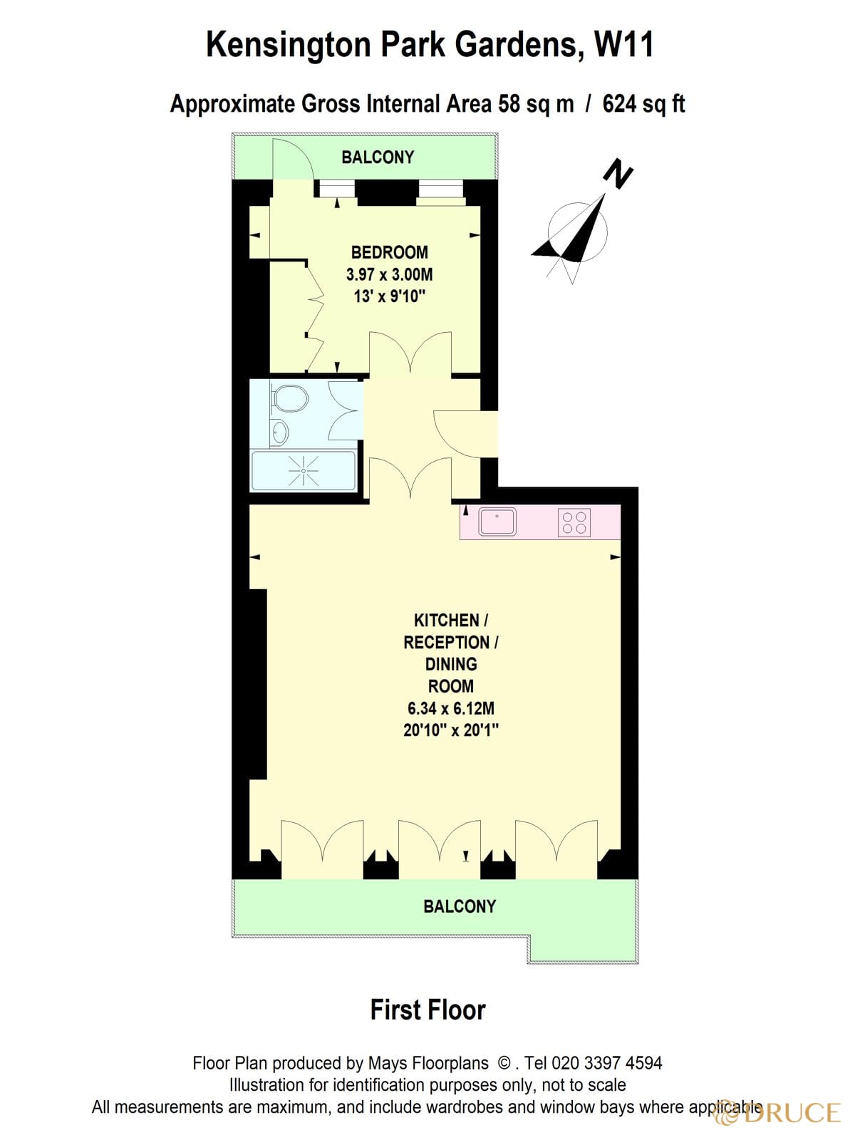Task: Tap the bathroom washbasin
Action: [x=280, y=431]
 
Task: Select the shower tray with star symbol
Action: [x=304, y=471]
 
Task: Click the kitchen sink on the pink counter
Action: [x=497, y=521]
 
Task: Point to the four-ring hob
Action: [x=574, y=522]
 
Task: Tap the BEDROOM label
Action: [x=389, y=252]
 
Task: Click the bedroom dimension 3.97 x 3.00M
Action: [x=389, y=274]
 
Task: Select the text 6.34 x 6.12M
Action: [x=450, y=708]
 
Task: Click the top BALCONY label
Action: [x=378, y=157]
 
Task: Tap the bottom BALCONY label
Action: [x=460, y=906]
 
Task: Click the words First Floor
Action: [x=427, y=1010]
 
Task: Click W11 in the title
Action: [x=623, y=45]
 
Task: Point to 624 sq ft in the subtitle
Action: [x=643, y=104]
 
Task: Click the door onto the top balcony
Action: [x=293, y=161]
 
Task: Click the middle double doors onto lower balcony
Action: [x=440, y=844]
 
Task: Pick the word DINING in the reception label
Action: [x=450, y=664]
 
